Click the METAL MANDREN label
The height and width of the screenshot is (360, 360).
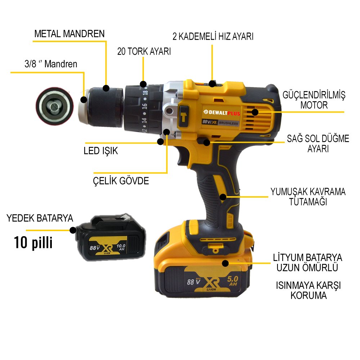tap(69, 34)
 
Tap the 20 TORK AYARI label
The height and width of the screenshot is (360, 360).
tap(144, 51)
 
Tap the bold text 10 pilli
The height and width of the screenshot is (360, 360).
tap(33, 242)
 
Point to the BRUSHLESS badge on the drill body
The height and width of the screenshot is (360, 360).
tap(228, 123)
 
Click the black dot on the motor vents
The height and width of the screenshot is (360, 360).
tap(255, 112)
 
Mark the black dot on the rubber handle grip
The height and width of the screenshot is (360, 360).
tap(223, 197)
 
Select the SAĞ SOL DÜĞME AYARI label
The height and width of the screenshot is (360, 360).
tap(318, 143)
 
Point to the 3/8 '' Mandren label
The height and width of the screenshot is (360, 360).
tap(49, 64)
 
